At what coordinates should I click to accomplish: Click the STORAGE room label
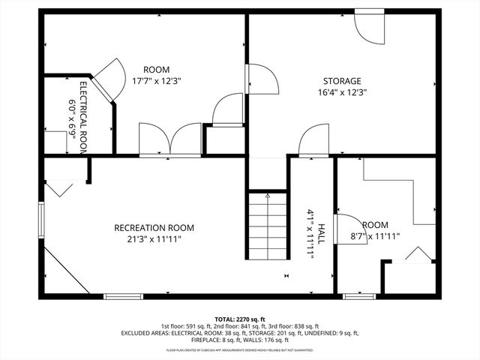coord(342,81)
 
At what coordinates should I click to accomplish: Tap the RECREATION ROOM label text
coord(154,228)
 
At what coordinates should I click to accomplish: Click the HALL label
coord(321,233)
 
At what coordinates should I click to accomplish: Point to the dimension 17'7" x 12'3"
coord(157,80)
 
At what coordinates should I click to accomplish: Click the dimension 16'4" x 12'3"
coord(341,92)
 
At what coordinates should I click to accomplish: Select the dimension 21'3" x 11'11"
coord(154,239)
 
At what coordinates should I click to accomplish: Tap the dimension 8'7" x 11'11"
coord(375,236)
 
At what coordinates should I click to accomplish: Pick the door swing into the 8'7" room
coord(346,230)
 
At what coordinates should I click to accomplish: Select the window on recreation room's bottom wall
coord(123,297)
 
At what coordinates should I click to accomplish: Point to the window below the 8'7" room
coord(358,297)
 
